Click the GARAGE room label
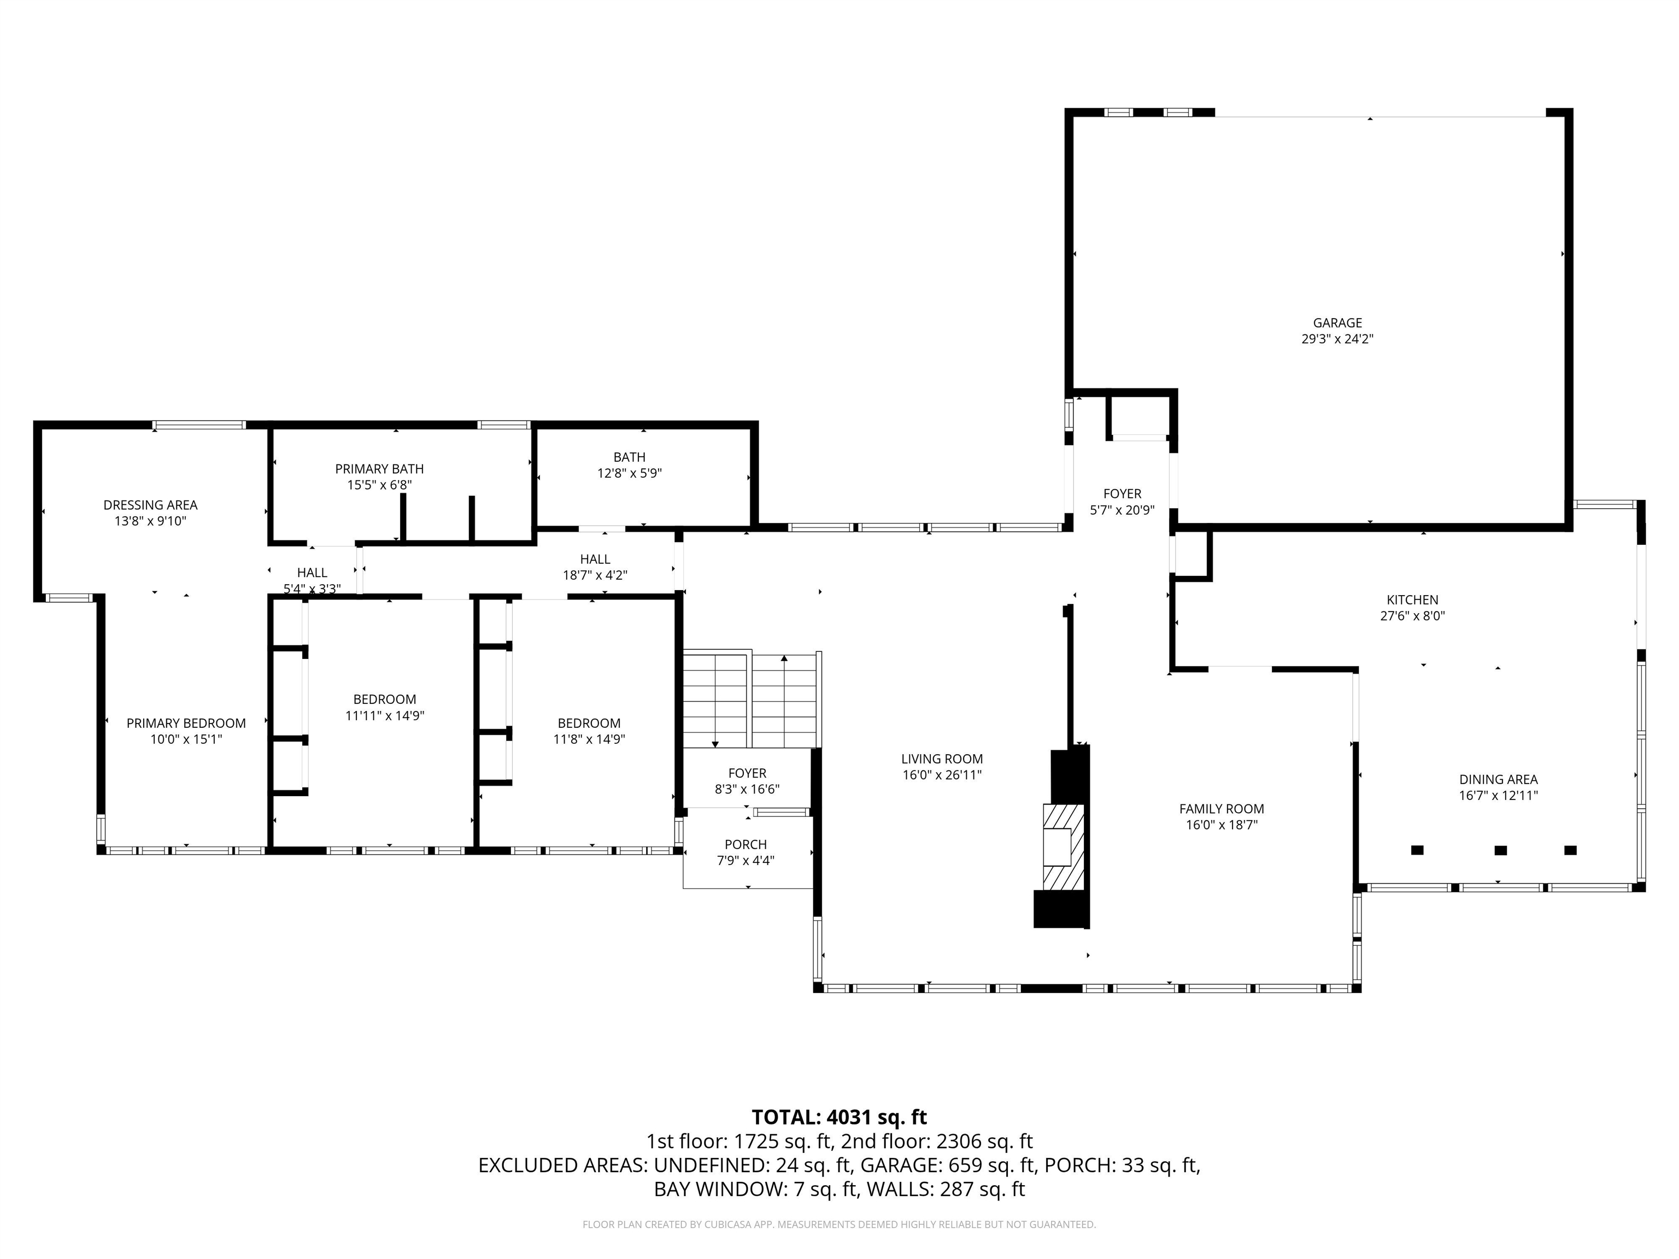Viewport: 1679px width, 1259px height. tap(1337, 322)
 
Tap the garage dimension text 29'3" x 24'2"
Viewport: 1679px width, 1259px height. tap(1337, 339)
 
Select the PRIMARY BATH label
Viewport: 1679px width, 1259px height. tap(379, 469)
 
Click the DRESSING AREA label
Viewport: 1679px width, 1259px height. tap(150, 505)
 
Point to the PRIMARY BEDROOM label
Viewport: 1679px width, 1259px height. tap(186, 723)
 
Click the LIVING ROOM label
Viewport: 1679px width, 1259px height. tap(942, 759)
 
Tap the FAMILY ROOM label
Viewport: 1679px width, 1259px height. tap(1222, 809)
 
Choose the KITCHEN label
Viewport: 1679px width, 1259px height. tap(1413, 599)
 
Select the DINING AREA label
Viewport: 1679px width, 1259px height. tap(1498, 779)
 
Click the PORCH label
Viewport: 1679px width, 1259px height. tap(745, 845)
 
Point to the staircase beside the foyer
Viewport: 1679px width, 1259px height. tap(752, 699)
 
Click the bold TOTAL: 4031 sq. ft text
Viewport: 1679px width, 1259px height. tap(839, 1117)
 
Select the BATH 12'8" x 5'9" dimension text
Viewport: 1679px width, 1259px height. tap(629, 474)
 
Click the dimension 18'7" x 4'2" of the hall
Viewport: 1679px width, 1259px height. tap(595, 575)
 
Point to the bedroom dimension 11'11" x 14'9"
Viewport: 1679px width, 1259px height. tap(385, 716)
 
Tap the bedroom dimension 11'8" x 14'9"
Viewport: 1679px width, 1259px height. tap(589, 739)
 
